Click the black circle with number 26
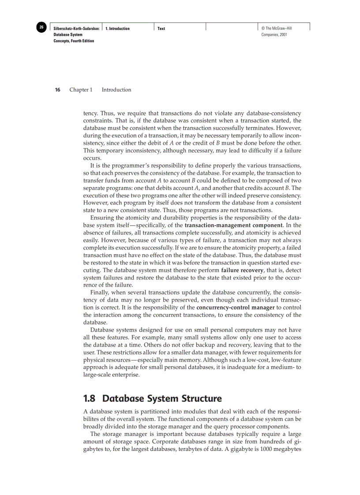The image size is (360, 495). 41,28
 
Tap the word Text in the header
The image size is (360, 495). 161,29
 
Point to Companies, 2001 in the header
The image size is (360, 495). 274,34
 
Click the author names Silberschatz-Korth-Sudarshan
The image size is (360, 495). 76,29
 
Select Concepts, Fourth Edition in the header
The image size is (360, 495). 74,41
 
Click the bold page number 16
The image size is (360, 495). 57,90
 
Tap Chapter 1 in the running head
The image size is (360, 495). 81,90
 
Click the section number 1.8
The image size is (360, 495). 90,399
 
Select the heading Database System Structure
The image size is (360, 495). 162,399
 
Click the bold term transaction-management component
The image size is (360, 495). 233,225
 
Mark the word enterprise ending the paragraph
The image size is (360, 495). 126,375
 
